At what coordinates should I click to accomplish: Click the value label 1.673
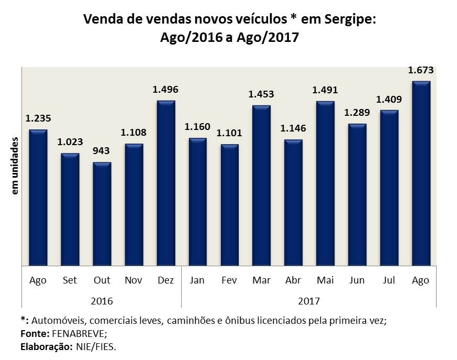pyautogui.click(x=421, y=70)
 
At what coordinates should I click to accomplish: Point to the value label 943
pyautogui.click(x=102, y=151)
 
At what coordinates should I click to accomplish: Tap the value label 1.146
pyautogui.click(x=293, y=128)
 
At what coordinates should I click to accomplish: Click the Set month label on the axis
pyautogui.click(x=70, y=280)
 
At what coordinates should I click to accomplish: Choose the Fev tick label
pyautogui.click(x=229, y=280)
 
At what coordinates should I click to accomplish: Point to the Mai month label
pyautogui.click(x=325, y=280)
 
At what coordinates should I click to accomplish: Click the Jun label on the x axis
pyautogui.click(x=357, y=280)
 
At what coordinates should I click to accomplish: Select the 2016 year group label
pyautogui.click(x=102, y=301)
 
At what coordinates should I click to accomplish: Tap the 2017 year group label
pyautogui.click(x=309, y=301)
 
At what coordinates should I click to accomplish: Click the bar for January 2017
pyautogui.click(x=197, y=202)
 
